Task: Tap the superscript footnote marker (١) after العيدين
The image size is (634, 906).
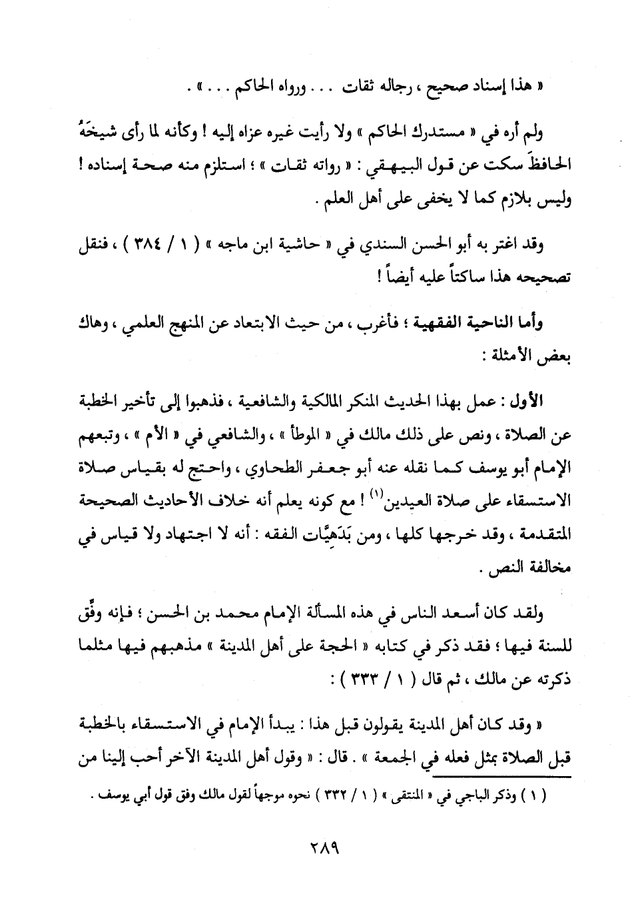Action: point(378,492)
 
